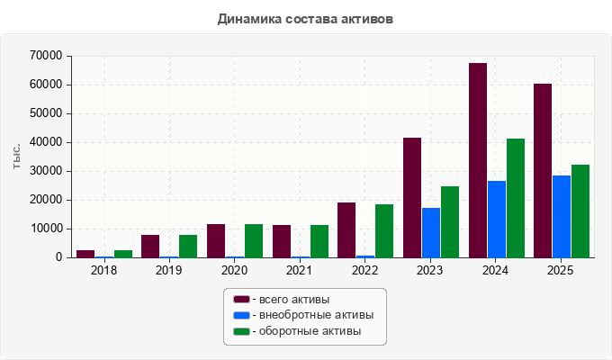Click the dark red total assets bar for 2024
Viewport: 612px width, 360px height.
coord(478,160)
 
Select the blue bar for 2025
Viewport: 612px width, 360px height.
coord(562,216)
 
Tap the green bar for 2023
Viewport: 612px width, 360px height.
coord(450,221)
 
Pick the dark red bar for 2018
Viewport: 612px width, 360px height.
coord(85,254)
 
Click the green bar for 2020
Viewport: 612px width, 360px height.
coord(254,241)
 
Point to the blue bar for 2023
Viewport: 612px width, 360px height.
coord(431,233)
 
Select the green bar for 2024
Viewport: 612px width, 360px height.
coord(516,198)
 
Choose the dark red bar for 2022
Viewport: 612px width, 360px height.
coord(346,230)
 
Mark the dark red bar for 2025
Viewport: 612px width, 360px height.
coord(543,171)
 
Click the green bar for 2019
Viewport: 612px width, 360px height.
coord(188,246)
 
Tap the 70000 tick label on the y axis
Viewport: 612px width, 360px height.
coord(46,56)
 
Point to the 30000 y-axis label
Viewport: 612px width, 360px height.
coord(46,171)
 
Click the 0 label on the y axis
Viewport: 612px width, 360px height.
coord(58,257)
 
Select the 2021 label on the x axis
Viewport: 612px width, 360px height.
coord(299,270)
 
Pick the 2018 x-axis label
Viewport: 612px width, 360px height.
coord(103,270)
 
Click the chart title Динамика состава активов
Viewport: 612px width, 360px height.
coord(305,19)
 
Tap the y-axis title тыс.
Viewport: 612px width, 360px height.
coord(16,157)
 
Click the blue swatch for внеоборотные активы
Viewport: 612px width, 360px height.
coord(241,315)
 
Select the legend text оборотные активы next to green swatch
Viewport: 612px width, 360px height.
coord(310,331)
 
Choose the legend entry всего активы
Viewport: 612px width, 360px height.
coord(282,300)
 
